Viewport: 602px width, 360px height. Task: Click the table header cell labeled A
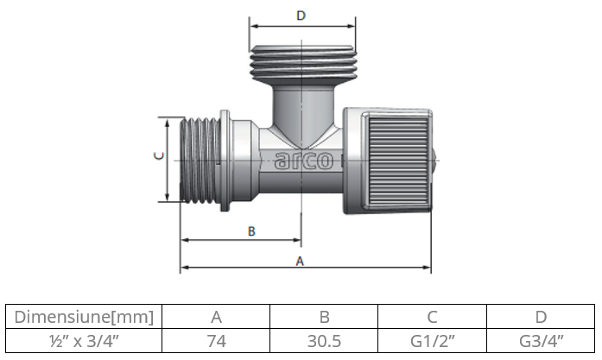(x=216, y=317)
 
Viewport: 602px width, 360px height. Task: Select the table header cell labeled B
(x=324, y=317)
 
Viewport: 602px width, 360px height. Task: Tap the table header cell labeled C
(x=432, y=317)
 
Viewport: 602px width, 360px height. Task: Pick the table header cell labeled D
(x=541, y=317)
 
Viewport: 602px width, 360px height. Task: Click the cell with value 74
(x=216, y=341)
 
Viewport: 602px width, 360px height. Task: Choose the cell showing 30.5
(x=324, y=341)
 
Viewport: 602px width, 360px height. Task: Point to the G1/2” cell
(x=432, y=341)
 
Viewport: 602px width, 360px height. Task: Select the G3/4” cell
(x=541, y=341)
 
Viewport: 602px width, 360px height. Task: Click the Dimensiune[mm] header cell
(x=85, y=317)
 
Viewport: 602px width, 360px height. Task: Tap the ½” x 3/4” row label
(x=85, y=341)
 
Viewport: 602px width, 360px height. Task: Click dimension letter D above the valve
(x=301, y=16)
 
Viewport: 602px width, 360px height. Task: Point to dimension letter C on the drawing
(x=157, y=156)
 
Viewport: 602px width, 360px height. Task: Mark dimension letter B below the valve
(x=251, y=231)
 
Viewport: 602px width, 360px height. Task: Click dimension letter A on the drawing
(x=300, y=260)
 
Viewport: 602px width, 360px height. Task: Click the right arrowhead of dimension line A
(x=428, y=268)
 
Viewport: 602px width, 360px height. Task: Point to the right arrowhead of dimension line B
(x=298, y=241)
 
